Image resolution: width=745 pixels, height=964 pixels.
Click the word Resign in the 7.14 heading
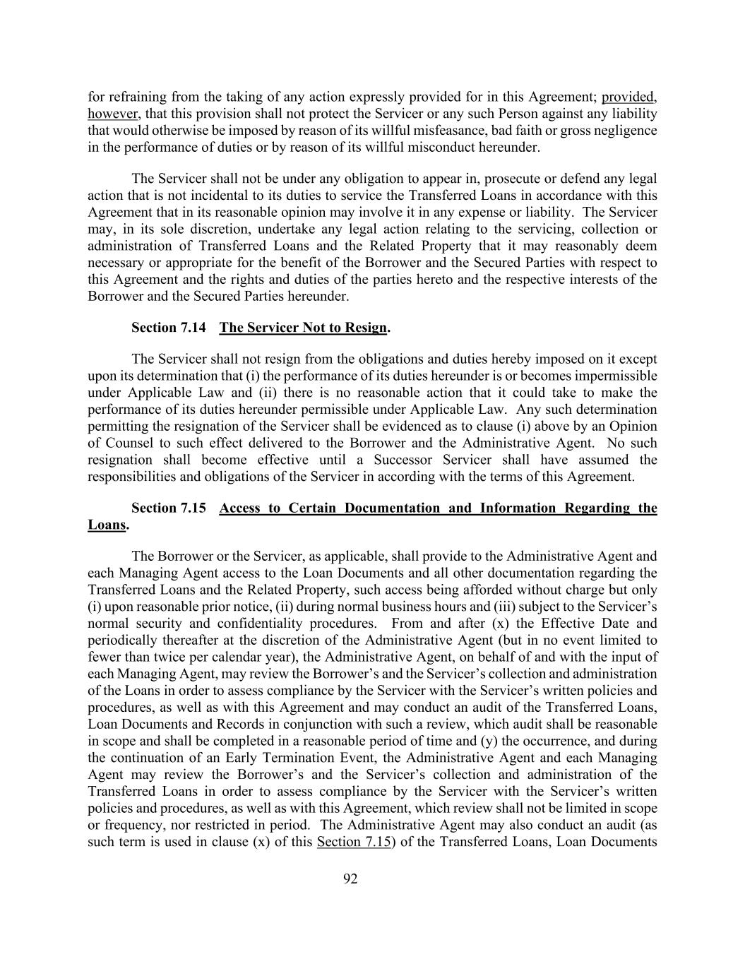pos(366,328)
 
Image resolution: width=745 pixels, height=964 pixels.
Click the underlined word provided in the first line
pos(629,97)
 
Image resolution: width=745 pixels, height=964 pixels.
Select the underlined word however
pos(112,114)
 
